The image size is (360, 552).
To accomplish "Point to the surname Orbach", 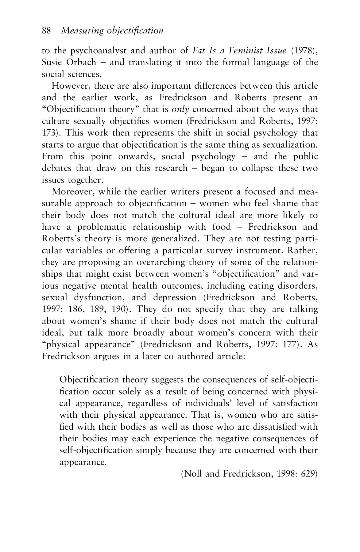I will tap(82, 62).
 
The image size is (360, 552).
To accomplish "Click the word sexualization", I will tap(295, 145).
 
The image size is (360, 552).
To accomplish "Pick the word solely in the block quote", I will tap(130, 392).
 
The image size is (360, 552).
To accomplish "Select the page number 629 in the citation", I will tap(308, 474).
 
